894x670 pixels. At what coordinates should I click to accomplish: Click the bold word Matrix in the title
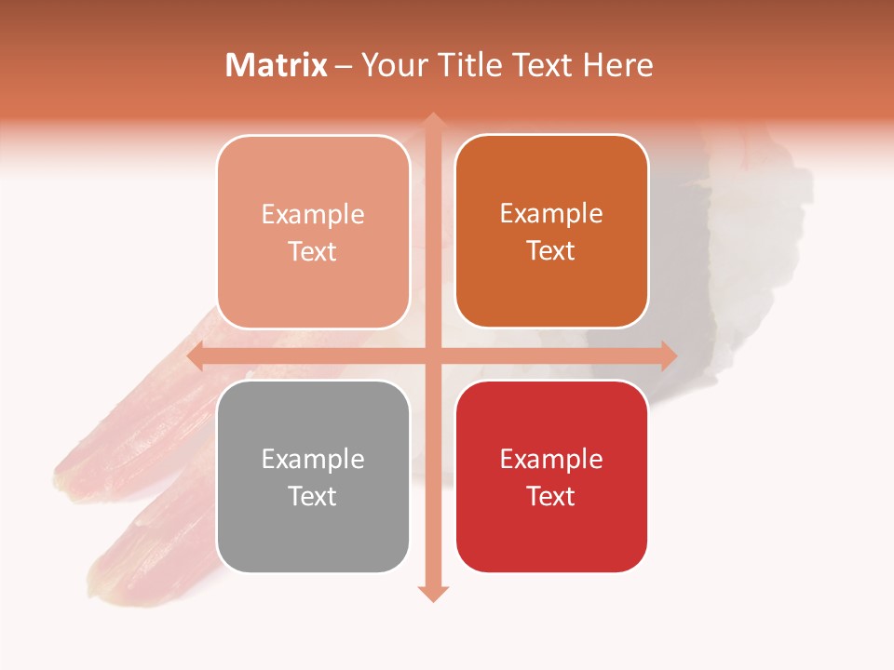click(277, 65)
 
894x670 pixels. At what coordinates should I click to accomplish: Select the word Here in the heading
click(618, 65)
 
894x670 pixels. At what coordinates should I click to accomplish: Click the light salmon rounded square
click(313, 232)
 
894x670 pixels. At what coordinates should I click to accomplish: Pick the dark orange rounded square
click(551, 231)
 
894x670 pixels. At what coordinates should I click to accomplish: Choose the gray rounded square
click(313, 476)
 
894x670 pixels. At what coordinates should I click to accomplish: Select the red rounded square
click(551, 476)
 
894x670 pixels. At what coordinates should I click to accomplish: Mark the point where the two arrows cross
click(432, 355)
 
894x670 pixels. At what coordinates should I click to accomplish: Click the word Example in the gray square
click(313, 459)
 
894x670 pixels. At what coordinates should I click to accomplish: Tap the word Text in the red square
click(551, 496)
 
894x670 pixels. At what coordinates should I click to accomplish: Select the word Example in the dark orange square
click(551, 213)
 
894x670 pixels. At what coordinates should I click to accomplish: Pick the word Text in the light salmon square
click(313, 251)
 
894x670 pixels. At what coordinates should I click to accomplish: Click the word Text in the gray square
click(313, 496)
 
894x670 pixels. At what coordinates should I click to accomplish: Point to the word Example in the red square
click(551, 459)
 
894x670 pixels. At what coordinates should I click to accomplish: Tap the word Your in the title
click(391, 65)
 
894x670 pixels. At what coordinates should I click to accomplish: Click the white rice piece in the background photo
click(759, 214)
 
